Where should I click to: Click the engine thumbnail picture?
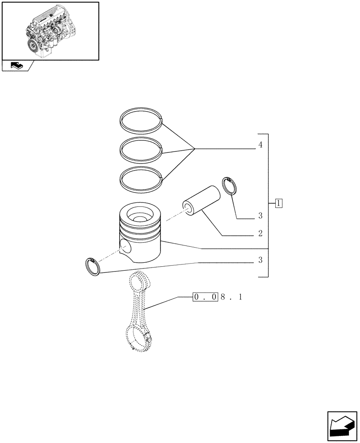[50, 31]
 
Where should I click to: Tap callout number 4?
[261, 145]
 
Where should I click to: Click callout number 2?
[261, 233]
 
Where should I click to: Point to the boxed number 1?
[278, 204]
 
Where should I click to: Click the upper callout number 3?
[261, 216]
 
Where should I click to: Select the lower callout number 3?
[261, 260]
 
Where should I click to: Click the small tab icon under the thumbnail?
[17, 66]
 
